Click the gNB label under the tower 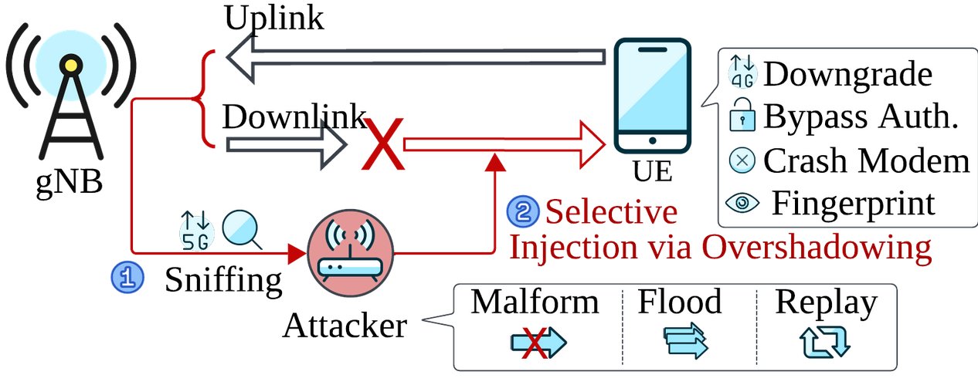69,184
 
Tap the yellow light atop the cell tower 70,65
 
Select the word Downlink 294,117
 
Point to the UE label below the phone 653,171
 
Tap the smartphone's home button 653,142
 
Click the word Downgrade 847,75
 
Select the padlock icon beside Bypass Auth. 742,117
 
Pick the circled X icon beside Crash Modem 742,161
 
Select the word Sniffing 224,280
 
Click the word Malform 535,302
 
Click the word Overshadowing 816,248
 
